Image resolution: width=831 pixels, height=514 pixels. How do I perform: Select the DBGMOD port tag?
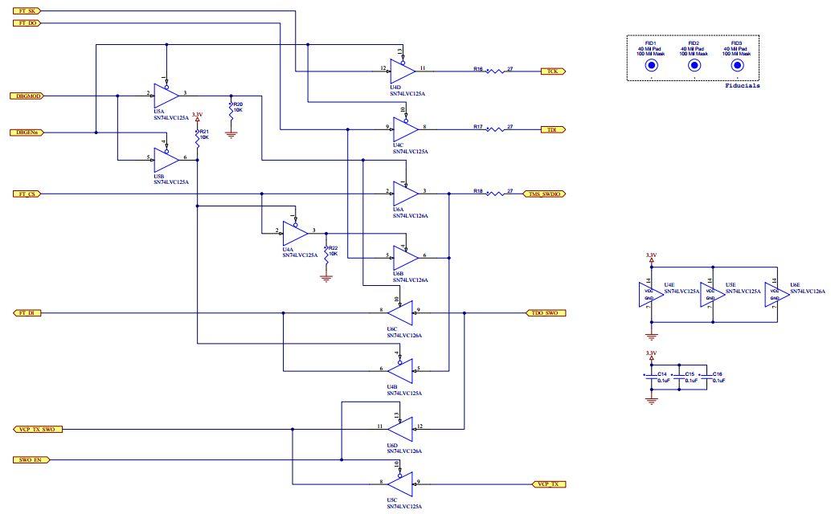click(x=30, y=96)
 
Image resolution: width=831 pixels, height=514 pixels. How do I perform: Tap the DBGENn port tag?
click(x=30, y=133)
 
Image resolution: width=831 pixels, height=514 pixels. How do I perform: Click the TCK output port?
click(x=553, y=71)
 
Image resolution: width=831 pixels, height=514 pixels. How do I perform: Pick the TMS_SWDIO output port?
click(x=545, y=194)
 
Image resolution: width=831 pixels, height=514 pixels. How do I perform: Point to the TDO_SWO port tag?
click(x=545, y=312)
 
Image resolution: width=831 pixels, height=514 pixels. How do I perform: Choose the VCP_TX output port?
click(x=551, y=484)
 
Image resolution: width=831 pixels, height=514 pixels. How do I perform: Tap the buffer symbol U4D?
click(x=403, y=71)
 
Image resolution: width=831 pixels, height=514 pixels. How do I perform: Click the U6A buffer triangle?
click(x=405, y=194)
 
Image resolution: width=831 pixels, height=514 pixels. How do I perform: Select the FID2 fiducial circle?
click(x=694, y=66)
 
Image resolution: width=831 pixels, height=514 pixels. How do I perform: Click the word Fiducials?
click(x=742, y=85)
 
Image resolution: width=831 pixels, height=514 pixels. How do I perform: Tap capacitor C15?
click(x=680, y=377)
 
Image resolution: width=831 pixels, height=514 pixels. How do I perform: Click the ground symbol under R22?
click(x=325, y=279)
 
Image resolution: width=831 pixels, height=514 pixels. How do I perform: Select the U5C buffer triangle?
click(x=399, y=484)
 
